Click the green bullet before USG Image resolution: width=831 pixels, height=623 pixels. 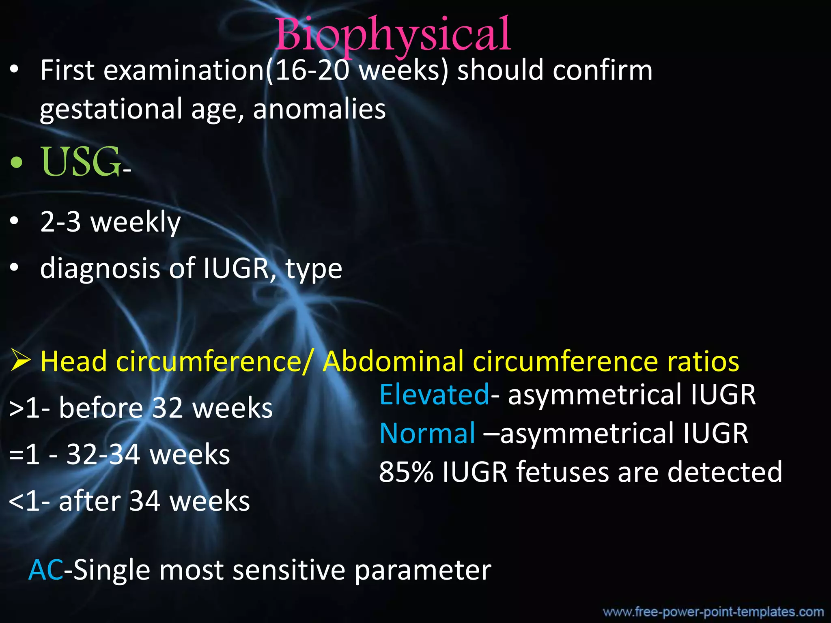point(17,163)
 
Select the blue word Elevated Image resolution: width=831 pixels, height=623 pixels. point(434,394)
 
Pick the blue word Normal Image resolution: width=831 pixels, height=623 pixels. point(427,433)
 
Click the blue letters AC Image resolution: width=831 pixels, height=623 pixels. point(46,570)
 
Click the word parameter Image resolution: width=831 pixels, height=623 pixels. point(423,570)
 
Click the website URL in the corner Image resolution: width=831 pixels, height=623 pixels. point(713,611)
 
